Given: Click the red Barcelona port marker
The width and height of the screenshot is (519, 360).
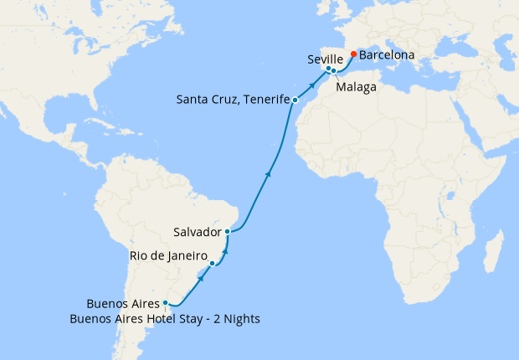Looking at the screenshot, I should pyautogui.click(x=353, y=55).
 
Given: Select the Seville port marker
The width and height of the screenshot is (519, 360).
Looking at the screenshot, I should pyautogui.click(x=328, y=69).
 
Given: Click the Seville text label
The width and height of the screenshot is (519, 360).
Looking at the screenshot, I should pyautogui.click(x=326, y=59).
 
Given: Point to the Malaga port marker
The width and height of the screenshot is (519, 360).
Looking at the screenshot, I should pyautogui.click(x=333, y=70).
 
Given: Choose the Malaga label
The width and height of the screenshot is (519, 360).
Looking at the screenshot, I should pyautogui.click(x=355, y=86).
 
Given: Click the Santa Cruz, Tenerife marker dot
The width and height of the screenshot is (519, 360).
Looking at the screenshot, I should pyautogui.click(x=295, y=100).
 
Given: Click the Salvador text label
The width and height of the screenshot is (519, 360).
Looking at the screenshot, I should pyautogui.click(x=197, y=231).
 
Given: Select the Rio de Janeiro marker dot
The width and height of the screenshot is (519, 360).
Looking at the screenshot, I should pyautogui.click(x=213, y=264).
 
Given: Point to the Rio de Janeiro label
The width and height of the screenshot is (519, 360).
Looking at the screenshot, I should pyautogui.click(x=169, y=255).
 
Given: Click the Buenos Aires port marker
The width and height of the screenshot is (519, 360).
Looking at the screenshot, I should pyautogui.click(x=166, y=303).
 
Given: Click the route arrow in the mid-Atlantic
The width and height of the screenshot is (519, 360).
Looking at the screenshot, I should pyautogui.click(x=268, y=174).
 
